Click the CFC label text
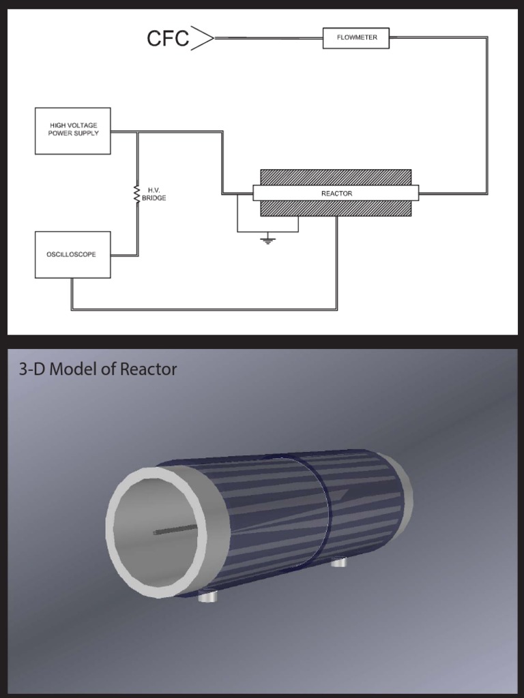coord(168,38)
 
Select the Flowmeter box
coord(355,38)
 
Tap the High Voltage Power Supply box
coord(73,130)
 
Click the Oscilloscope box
coord(72,255)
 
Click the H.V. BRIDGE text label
coord(154,194)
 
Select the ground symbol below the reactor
coord(268,240)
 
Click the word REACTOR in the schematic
coord(336,194)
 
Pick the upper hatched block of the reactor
coord(336,177)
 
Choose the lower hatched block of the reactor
coord(336,209)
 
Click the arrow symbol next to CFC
coord(203,37)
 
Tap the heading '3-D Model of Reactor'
coord(98,369)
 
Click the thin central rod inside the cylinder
coord(176,530)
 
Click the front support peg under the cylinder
coord(209,597)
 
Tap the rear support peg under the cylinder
coord(339,562)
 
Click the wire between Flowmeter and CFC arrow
coord(269,38)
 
